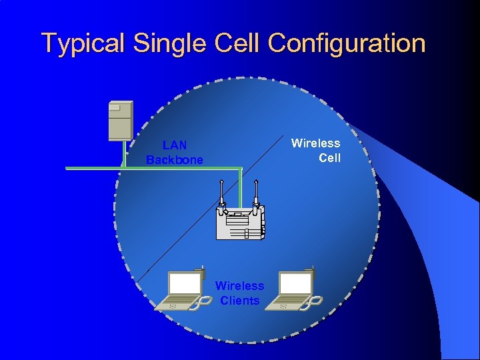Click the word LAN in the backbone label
(x=175, y=145)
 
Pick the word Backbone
(x=175, y=160)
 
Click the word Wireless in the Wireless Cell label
(x=316, y=143)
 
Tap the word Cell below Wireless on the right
(x=329, y=158)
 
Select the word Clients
(x=239, y=301)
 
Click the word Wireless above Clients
(x=239, y=286)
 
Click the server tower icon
(x=121, y=121)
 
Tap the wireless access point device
(x=240, y=221)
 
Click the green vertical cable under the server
(x=123, y=154)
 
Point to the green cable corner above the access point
(x=239, y=169)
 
